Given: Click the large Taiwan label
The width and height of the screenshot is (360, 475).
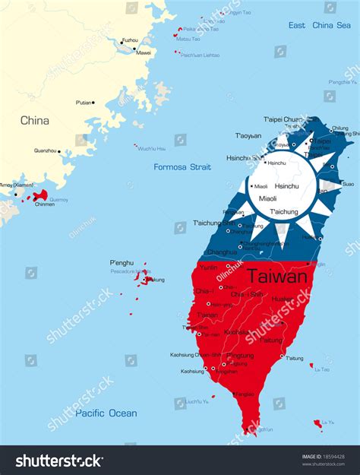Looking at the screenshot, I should point(278,277).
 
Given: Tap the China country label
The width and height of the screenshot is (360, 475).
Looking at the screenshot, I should point(35,120).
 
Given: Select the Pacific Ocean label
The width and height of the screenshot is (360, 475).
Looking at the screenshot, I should point(106,413).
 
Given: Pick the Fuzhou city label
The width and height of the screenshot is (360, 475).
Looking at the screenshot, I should point(130,40).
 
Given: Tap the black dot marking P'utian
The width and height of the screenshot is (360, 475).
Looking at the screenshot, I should point(93,102).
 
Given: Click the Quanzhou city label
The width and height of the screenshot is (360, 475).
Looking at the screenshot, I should point(46,150).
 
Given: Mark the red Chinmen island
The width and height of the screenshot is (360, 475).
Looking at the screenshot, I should point(40,195).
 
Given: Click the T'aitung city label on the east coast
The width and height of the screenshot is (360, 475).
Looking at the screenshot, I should point(295,357).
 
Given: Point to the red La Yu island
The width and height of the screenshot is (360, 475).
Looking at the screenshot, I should point(317,423).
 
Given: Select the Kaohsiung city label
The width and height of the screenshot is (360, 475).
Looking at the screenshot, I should point(191,371).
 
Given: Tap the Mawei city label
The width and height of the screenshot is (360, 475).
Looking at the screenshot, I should point(143,53).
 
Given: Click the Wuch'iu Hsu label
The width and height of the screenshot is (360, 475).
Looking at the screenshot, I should point(152,149).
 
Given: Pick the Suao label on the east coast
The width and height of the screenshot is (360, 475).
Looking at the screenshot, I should point(348,184).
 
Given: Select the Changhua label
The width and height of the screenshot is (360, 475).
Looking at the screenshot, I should point(222,252).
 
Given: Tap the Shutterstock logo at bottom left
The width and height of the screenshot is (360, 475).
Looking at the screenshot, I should point(59,461).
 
